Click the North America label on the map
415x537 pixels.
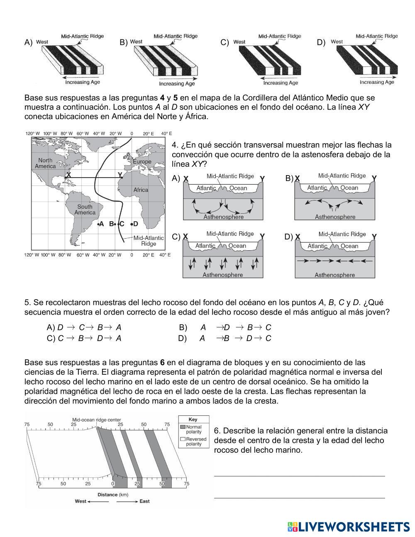45,163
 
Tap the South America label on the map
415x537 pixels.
85,210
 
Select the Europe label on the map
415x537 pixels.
142,161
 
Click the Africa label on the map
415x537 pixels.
141,190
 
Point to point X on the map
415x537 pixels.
68,175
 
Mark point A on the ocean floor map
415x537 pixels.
100,224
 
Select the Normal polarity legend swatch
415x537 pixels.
183,427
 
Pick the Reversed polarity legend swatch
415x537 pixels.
183,439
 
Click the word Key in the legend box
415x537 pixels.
193,420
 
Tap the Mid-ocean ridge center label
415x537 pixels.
97,420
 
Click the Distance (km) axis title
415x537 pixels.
113,494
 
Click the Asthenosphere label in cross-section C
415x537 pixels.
222,275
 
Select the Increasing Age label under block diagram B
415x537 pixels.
178,83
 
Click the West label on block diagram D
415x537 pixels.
337,41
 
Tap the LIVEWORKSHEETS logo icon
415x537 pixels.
292,527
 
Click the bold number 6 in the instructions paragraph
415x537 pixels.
162,362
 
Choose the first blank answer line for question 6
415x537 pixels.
299,476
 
